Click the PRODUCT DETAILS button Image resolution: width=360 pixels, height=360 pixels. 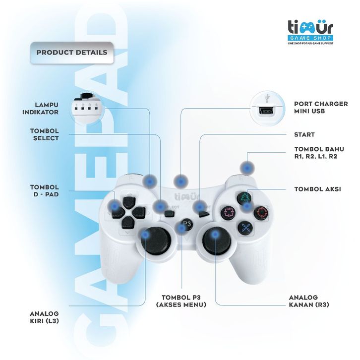71,52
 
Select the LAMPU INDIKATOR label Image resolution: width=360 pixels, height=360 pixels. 41,108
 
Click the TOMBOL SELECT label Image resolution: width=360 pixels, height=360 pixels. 45,134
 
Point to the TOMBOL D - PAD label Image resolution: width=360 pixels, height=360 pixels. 45,191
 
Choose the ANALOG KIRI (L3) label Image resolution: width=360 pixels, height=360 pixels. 45,317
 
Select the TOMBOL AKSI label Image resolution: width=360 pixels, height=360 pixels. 318,189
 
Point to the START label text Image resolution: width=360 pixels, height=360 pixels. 304,134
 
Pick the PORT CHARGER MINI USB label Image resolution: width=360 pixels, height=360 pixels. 321,108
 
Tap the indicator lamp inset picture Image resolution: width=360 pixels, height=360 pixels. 87,107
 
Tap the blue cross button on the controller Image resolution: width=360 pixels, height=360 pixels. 244,227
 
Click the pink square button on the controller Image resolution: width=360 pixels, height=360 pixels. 228,213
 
